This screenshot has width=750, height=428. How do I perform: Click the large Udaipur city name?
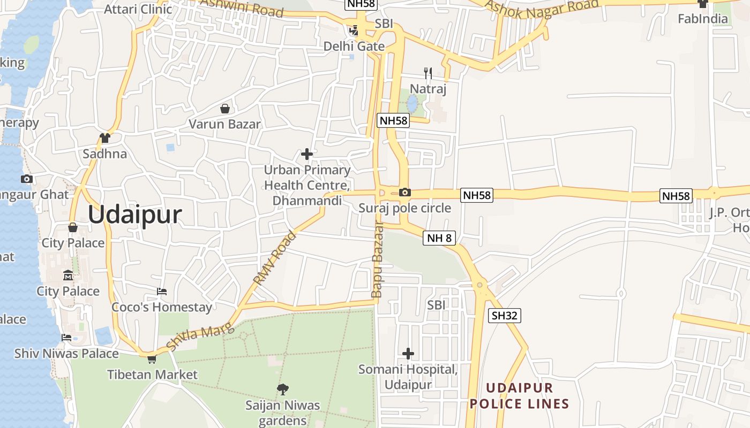(x=135, y=215)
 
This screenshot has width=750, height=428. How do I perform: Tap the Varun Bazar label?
(x=224, y=124)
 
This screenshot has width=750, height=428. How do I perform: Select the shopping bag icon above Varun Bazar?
(x=225, y=109)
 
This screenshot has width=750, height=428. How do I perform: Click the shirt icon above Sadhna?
(x=105, y=138)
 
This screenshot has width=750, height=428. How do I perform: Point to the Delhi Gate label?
(x=354, y=46)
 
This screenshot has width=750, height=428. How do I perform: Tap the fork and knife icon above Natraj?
(x=427, y=73)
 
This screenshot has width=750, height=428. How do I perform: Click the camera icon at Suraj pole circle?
(x=405, y=192)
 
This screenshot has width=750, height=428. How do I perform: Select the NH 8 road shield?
(x=439, y=238)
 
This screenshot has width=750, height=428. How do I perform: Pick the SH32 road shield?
(x=505, y=316)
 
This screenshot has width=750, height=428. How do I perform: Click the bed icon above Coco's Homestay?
(x=162, y=292)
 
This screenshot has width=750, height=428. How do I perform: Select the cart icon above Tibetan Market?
(x=152, y=359)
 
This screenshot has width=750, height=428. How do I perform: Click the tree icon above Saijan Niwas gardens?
(x=282, y=389)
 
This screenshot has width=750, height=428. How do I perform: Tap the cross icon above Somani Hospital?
(x=408, y=354)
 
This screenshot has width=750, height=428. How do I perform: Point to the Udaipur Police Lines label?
(x=519, y=395)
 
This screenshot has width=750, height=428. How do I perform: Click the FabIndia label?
(x=703, y=19)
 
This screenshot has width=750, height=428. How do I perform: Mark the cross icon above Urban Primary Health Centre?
(x=307, y=155)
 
